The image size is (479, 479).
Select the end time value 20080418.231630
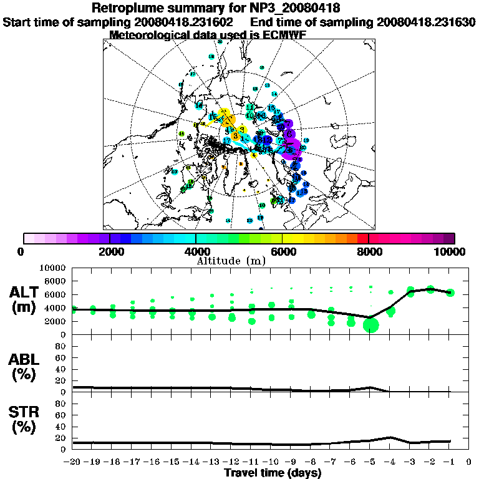426,22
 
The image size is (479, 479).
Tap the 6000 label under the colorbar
282,251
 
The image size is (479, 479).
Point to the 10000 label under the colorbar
450,251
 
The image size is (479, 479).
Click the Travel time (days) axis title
273,473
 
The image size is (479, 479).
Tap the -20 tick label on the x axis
73,462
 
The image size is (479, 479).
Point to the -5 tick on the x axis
370,462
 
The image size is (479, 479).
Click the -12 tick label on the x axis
231,462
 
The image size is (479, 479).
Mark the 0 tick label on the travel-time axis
469,462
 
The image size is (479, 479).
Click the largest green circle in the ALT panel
371,325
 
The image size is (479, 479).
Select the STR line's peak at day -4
390,437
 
